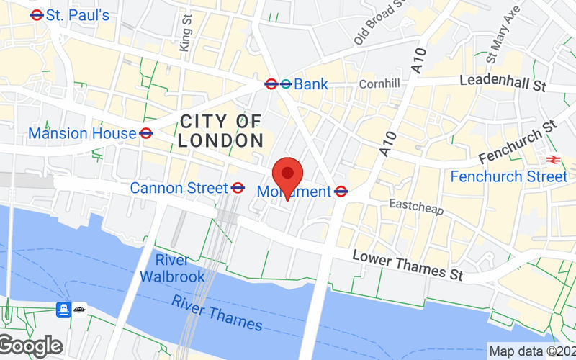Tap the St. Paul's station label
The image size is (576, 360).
coord(78,14)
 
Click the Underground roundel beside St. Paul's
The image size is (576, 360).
coord(37,14)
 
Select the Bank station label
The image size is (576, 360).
coord(311,84)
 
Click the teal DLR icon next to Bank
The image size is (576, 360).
coord(286,84)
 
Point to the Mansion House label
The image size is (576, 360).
coord(82,133)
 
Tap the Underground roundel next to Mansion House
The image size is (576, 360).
coord(146,133)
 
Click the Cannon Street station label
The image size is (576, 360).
coord(179,188)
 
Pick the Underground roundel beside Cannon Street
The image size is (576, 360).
coord(238,188)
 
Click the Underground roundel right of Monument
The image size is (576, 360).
coord(342,192)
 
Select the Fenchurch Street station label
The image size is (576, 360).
coord(508,176)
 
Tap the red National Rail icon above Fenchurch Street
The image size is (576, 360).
coord(553,159)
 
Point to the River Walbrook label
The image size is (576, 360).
coord(172,268)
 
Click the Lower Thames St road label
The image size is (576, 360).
coord(408,266)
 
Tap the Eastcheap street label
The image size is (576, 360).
coord(416,207)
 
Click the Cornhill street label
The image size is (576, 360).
coord(379,84)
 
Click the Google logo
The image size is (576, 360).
coord(31,346)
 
